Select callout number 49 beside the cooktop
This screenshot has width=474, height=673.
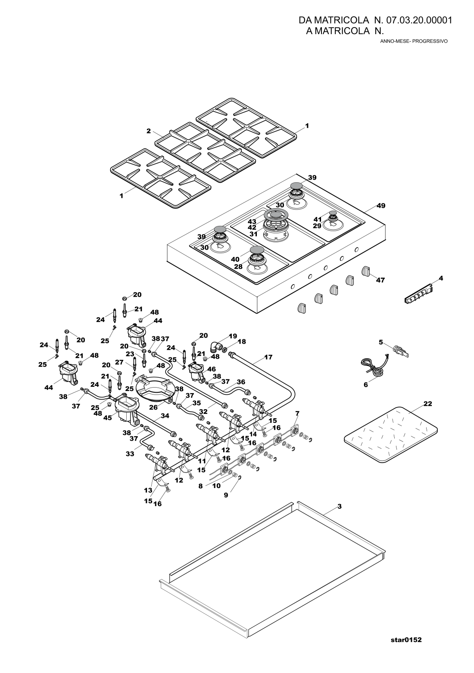pyautogui.click(x=381, y=206)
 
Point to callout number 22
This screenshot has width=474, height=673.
pyautogui.click(x=428, y=404)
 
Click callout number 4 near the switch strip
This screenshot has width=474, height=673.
pyautogui.click(x=441, y=278)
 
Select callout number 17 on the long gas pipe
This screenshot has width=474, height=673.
pyautogui.click(x=268, y=357)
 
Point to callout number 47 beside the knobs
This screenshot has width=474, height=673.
pyautogui.click(x=380, y=280)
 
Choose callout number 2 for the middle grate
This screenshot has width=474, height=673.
pyautogui.click(x=148, y=131)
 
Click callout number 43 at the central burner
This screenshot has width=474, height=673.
pyautogui.click(x=252, y=222)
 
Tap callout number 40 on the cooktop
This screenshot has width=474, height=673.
pyautogui.click(x=235, y=259)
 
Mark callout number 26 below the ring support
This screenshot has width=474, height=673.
pyautogui.click(x=153, y=408)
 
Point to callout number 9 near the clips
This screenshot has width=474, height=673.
pyautogui.click(x=226, y=495)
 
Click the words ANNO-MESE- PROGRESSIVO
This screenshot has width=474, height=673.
pyautogui.click(x=414, y=41)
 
